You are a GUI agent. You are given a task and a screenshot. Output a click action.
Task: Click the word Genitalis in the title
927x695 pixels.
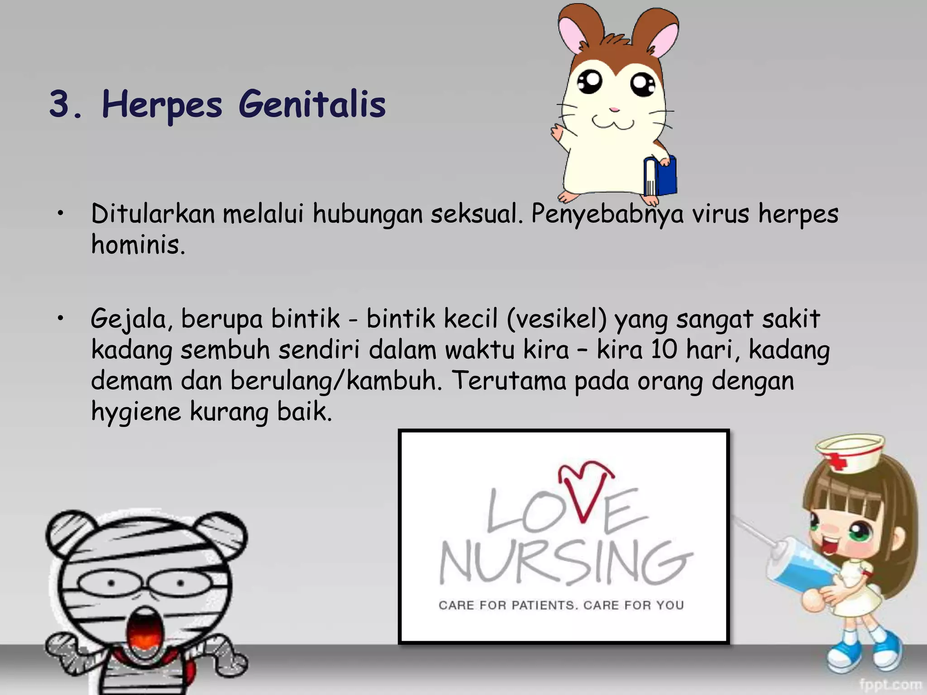[x=312, y=105]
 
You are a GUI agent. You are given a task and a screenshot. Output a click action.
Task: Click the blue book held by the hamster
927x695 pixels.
[x=662, y=177]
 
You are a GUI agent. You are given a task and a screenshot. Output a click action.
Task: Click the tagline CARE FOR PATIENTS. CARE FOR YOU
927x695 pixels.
[x=561, y=605]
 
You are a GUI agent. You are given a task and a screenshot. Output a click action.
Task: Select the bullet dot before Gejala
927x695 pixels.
[x=61, y=319]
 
